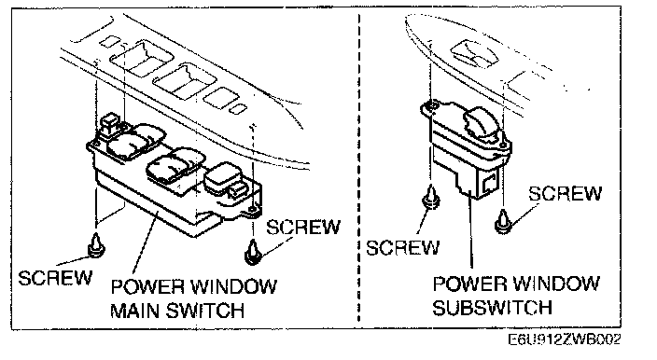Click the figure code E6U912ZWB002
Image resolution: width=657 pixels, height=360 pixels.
click(565, 339)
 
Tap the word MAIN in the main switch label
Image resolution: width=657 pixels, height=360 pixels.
click(135, 311)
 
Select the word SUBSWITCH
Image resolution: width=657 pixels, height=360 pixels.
click(492, 308)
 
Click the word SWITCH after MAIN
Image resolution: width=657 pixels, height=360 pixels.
click(205, 311)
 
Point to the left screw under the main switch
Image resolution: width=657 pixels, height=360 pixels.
click(97, 245)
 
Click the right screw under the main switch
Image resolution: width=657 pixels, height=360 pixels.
click(253, 252)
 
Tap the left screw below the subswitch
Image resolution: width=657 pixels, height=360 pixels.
click(431, 197)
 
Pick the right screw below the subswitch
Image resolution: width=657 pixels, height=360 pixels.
click(503, 222)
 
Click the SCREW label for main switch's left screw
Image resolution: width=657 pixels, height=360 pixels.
click(55, 278)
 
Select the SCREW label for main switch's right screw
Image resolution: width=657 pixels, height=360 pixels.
click(303, 228)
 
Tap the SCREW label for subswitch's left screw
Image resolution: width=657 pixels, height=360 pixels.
click(403, 247)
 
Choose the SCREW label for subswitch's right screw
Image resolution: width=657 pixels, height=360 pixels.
click(565, 193)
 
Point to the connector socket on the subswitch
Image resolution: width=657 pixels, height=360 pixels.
click(489, 183)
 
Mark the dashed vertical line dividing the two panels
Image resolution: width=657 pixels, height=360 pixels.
click(359, 168)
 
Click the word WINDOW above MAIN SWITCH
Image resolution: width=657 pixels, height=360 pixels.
click(234, 286)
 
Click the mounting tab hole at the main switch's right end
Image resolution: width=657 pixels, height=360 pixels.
click(251, 209)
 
